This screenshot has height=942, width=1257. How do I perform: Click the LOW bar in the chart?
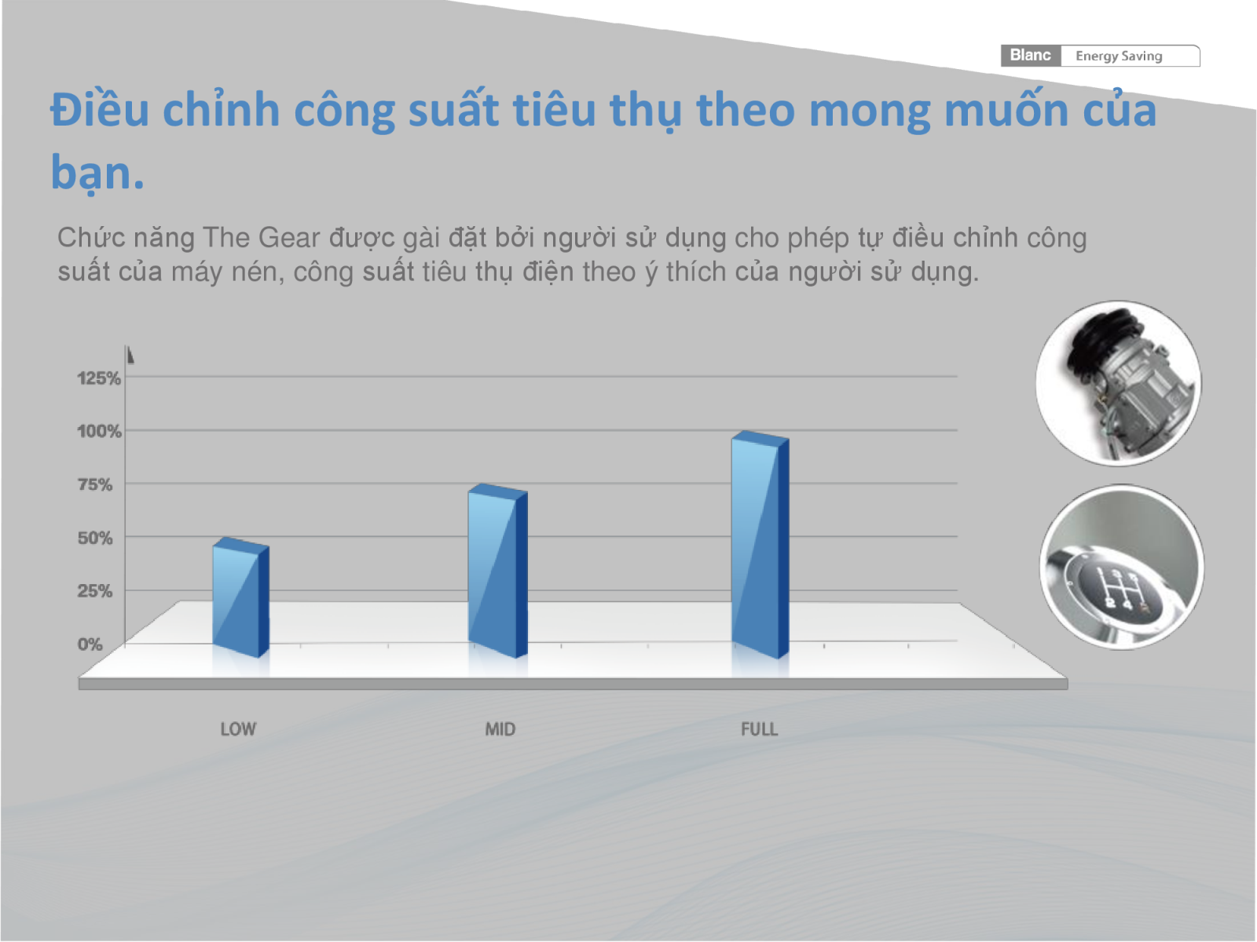(240, 597)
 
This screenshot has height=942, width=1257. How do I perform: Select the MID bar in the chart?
(497, 571)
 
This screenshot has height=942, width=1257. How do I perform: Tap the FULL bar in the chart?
(760, 545)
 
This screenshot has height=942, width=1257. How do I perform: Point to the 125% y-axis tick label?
(99, 378)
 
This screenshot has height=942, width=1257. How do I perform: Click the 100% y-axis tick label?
(99, 431)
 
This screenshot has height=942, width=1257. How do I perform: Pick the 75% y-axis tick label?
(95, 484)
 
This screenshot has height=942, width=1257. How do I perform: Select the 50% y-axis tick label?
(95, 538)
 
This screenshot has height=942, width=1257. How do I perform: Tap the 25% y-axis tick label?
(95, 591)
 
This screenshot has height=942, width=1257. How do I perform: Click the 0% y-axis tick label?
(90, 644)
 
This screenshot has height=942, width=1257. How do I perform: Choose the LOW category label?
(238, 729)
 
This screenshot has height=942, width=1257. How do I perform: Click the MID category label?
(500, 729)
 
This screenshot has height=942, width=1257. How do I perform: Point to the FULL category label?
(760, 729)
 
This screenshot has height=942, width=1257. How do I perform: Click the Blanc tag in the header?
(1030, 56)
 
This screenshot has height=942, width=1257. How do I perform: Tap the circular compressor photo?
(1119, 383)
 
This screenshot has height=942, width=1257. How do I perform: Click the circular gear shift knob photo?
(1122, 567)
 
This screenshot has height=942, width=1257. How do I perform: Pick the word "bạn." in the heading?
(97, 173)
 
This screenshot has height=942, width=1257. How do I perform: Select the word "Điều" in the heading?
(101, 108)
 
